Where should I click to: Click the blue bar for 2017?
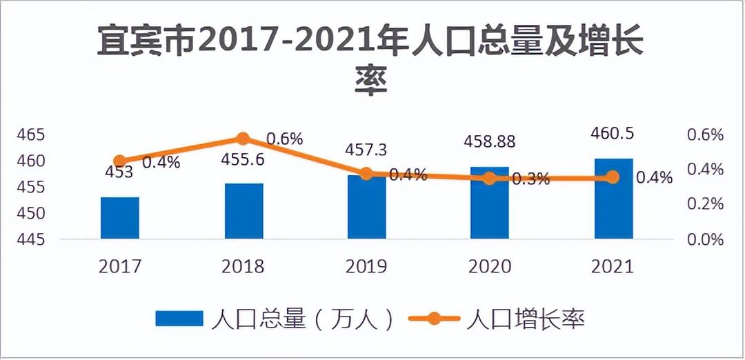click(120, 218)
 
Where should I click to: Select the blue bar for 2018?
click(244, 211)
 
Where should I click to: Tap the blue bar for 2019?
click(366, 207)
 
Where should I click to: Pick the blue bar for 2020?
click(489, 203)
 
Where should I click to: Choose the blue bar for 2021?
click(613, 199)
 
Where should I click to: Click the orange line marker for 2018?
click(243, 139)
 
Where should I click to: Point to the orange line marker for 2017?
click(120, 161)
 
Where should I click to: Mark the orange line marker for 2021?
click(613, 177)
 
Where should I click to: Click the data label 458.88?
click(489, 142)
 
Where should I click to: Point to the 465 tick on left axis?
click(30, 134)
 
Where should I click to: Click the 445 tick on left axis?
click(30, 239)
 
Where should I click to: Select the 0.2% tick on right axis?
click(704, 204)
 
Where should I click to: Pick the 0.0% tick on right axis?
click(704, 239)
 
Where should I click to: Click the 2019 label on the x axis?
click(366, 267)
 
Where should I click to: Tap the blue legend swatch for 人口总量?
click(179, 318)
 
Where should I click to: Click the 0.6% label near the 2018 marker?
click(284, 139)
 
